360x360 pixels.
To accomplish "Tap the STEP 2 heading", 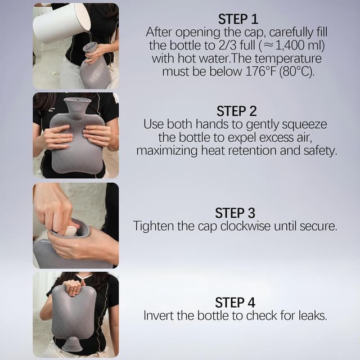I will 237,111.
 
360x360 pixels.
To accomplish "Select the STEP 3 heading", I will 235,213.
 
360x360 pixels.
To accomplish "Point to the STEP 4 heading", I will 235,302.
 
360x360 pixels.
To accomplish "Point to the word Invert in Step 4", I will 159,316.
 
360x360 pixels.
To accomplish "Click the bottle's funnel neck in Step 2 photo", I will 76,105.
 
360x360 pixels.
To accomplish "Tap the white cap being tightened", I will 70,231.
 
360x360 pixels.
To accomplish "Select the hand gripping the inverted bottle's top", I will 74,287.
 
